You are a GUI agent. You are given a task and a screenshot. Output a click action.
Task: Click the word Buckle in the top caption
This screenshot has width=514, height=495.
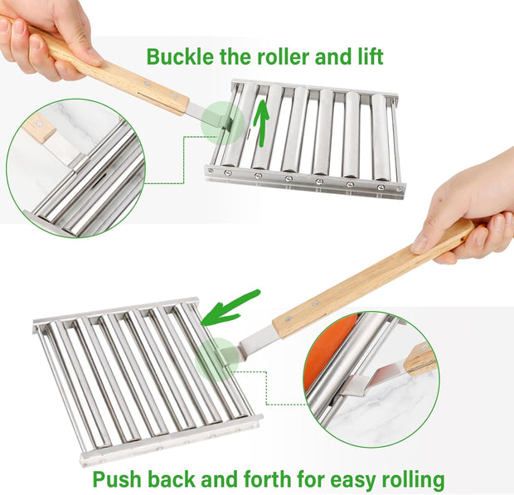point(177,57)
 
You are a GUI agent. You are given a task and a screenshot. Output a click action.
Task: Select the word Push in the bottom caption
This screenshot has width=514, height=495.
point(115,479)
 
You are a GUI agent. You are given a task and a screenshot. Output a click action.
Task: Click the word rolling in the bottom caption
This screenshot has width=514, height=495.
point(407,479)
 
